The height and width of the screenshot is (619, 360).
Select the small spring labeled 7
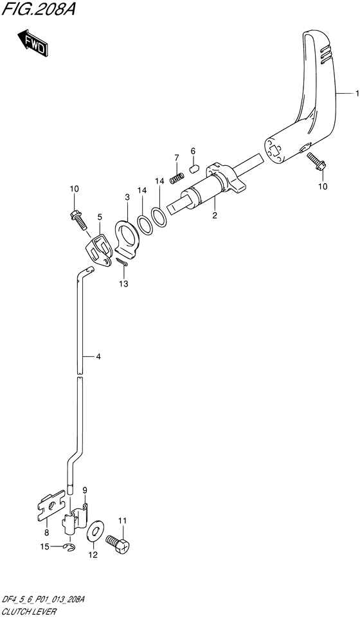click(175, 177)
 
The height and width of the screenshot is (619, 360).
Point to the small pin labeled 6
click(192, 169)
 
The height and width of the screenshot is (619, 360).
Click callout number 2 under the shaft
click(215, 217)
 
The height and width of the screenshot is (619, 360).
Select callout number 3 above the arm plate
click(127, 197)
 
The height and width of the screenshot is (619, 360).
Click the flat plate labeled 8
click(50, 505)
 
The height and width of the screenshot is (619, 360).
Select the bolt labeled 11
click(121, 543)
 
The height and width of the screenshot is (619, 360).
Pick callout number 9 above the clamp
click(84, 491)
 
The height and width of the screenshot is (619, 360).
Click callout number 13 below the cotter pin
click(123, 283)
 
